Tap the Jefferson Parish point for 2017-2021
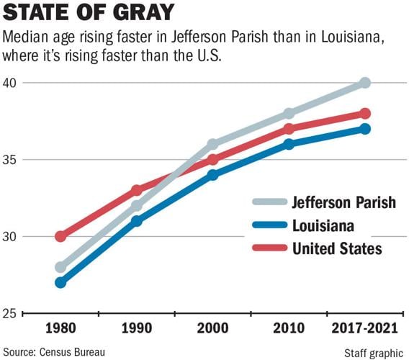pyautogui.click(x=365, y=83)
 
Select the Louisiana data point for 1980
pyautogui.click(x=60, y=282)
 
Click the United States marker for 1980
pyautogui.click(x=60, y=236)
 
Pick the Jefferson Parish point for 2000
pyautogui.click(x=212, y=144)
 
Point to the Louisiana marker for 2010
pyautogui.click(x=289, y=144)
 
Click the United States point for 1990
pyautogui.click(x=137, y=190)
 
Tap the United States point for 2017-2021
pyautogui.click(x=365, y=113)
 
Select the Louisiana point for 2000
pyautogui.click(x=212, y=174)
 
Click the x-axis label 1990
pyautogui.click(x=137, y=328)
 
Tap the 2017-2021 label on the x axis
pyautogui.click(x=365, y=328)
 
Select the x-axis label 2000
pyautogui.click(x=212, y=328)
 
